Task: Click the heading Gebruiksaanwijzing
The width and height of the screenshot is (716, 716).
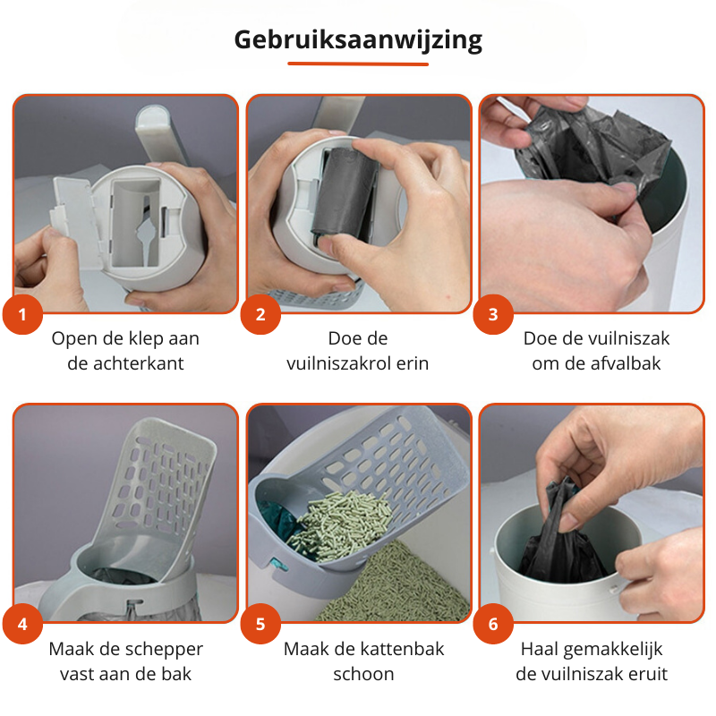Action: tap(358, 40)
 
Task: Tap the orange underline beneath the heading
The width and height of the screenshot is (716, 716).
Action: tap(358, 64)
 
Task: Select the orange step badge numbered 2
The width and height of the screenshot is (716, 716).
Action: tap(260, 314)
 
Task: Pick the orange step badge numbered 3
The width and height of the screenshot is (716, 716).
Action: tap(493, 314)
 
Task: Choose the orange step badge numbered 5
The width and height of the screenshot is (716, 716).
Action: tap(260, 624)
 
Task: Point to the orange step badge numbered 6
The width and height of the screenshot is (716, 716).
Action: tap(493, 624)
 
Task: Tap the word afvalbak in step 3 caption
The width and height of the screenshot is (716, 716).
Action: tap(626, 363)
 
